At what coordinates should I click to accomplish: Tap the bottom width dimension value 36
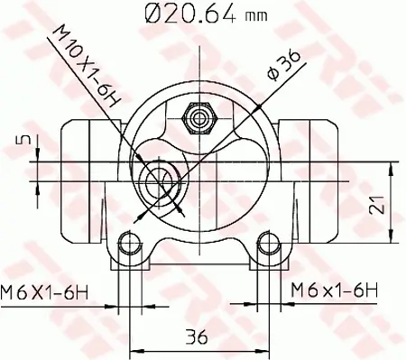pyautogui.click(x=198, y=337)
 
